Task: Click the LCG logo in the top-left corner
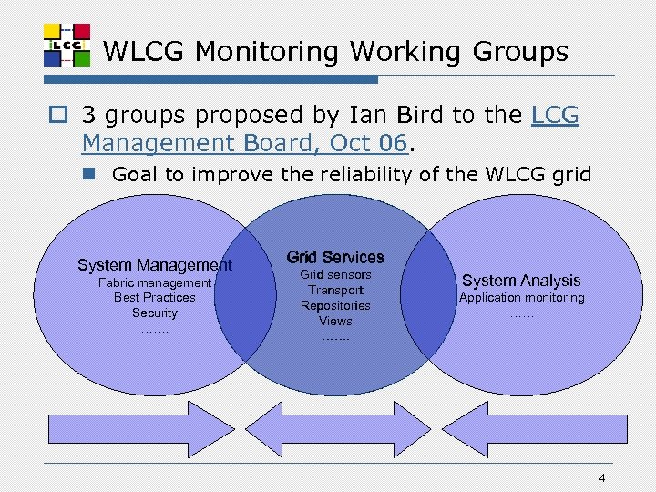67,44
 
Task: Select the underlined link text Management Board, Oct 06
247,143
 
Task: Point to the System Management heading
155,265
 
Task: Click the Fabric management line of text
155,282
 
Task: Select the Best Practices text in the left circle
155,298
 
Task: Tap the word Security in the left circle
155,313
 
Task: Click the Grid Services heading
335,258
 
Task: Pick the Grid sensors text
335,274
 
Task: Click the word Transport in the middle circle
335,290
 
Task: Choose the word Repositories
335,305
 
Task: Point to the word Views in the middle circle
335,321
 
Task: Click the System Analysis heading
521,281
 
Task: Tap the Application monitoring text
521,298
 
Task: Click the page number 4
601,479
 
